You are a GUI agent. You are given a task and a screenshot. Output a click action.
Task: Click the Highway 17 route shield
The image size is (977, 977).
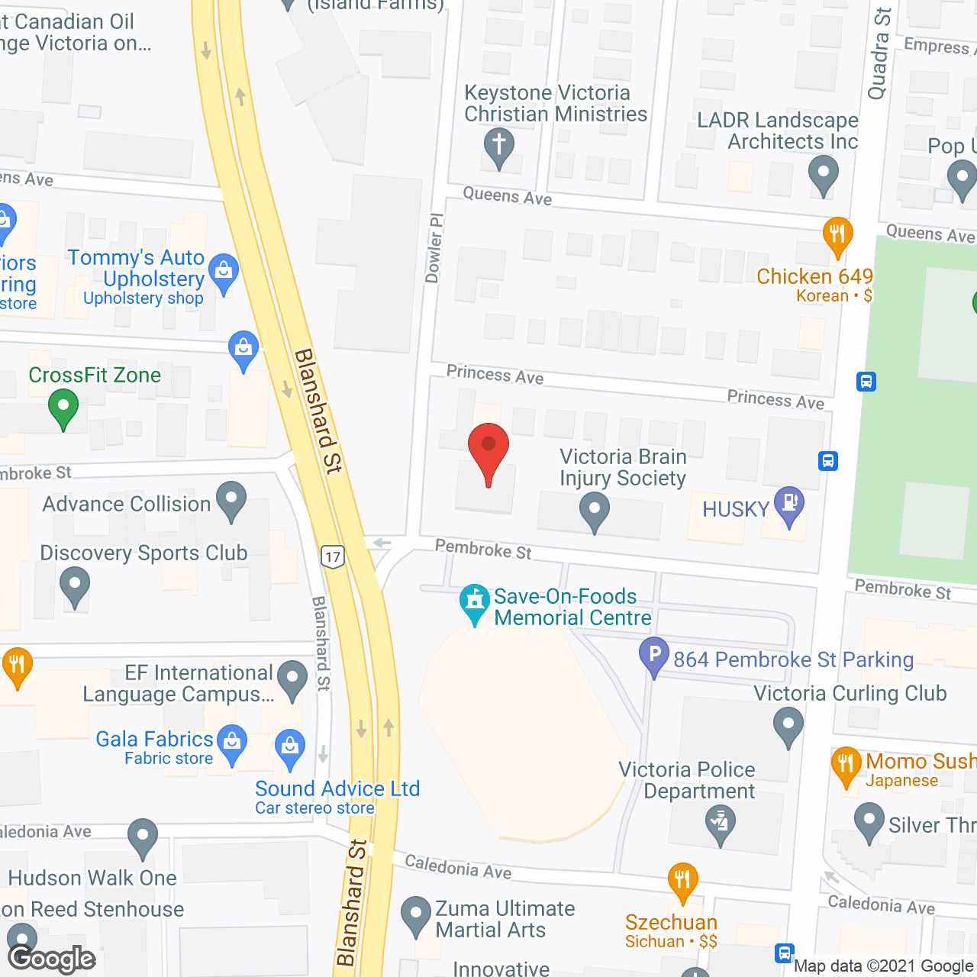point(333,556)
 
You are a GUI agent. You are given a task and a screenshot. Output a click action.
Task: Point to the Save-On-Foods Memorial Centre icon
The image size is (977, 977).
point(475,602)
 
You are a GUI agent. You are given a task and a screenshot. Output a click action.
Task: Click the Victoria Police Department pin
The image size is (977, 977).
point(721,824)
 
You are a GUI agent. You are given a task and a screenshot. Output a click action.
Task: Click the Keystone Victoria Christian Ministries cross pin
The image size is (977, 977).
point(498,147)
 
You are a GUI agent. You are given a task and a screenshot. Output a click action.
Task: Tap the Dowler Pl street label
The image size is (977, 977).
point(434,248)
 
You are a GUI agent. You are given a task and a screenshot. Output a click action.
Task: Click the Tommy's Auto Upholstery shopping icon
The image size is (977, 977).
point(224,272)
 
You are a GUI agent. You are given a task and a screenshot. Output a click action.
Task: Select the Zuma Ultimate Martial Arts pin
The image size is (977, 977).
point(416,915)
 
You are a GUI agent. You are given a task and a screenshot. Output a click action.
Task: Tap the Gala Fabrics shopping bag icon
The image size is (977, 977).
point(232,742)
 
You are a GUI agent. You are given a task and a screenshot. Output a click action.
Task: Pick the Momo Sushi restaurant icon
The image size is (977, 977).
point(846,765)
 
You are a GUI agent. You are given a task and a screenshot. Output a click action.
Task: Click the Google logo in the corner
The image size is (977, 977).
point(52,959)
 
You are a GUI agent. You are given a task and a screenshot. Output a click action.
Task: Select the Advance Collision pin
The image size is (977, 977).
point(231,500)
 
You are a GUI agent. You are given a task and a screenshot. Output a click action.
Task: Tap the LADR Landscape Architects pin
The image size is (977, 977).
point(823,173)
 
